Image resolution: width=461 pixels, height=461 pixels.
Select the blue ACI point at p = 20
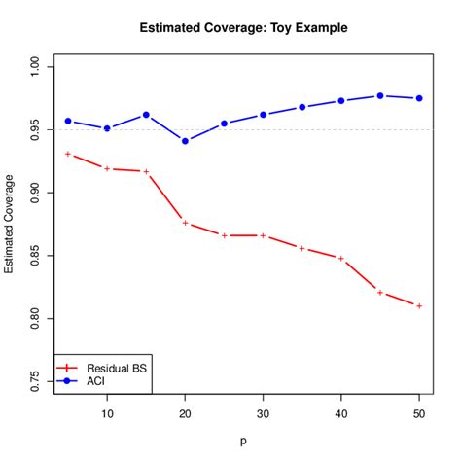(x=185, y=141)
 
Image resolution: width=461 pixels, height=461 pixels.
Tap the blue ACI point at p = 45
(x=379, y=95)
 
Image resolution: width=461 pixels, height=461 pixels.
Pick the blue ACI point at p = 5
(x=68, y=121)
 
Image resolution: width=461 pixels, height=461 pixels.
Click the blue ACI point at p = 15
(x=146, y=115)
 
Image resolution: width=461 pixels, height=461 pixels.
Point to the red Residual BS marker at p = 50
(x=418, y=305)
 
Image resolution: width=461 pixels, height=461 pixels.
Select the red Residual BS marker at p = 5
(x=68, y=154)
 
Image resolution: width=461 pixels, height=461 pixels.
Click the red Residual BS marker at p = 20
(x=185, y=223)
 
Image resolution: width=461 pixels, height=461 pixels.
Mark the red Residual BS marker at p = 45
(x=379, y=292)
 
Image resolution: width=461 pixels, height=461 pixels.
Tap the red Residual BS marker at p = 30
(x=263, y=235)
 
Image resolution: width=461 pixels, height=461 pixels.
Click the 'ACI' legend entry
(x=95, y=382)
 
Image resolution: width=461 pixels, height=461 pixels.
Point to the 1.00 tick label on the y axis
(x=35, y=67)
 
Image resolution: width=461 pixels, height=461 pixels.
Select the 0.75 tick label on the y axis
(x=35, y=381)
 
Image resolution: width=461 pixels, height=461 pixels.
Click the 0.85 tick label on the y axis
(x=35, y=256)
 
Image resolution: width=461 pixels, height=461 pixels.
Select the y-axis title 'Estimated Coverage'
(x=10, y=224)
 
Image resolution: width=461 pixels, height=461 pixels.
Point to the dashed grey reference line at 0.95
(x=292, y=130)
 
